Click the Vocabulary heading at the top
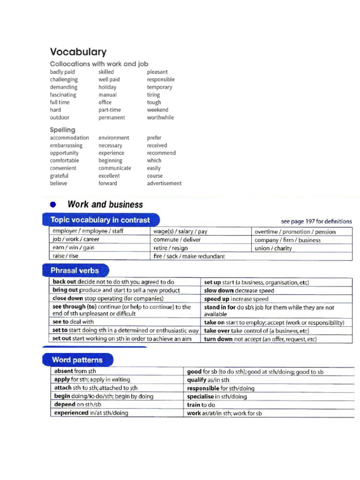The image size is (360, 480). (x=78, y=52)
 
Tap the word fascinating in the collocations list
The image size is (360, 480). (x=63, y=95)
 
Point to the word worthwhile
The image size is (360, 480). (x=160, y=118)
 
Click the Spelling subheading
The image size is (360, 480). (x=62, y=130)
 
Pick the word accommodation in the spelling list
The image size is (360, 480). (x=69, y=138)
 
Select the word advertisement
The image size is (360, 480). (x=164, y=183)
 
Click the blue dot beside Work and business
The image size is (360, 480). (x=53, y=205)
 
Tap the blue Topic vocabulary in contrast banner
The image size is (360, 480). (x=100, y=220)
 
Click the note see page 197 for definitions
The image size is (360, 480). (x=316, y=221)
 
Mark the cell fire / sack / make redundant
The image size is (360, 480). (x=189, y=256)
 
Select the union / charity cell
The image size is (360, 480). (x=273, y=248)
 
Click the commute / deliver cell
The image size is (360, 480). (x=173, y=240)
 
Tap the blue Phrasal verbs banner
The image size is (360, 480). (x=75, y=270)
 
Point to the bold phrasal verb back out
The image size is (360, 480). (x=65, y=282)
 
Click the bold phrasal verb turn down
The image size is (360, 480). (x=218, y=339)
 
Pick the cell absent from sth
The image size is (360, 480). (x=75, y=371)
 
